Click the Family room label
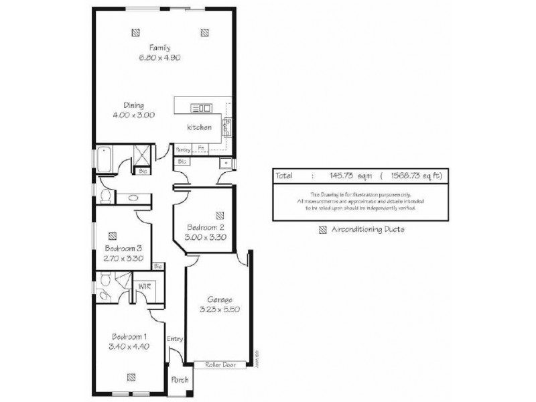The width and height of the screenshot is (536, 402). pyautogui.click(x=159, y=48)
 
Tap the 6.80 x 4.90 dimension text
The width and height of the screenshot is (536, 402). pyautogui.click(x=159, y=58)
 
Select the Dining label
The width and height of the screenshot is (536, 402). pyautogui.click(x=134, y=105)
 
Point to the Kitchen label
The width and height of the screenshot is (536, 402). pyautogui.click(x=199, y=127)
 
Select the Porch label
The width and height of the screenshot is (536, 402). pyautogui.click(x=180, y=381)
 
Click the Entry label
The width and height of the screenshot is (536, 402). pyautogui.click(x=175, y=339)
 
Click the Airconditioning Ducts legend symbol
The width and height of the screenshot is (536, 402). pyautogui.click(x=322, y=229)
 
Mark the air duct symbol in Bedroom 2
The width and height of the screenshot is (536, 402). pyautogui.click(x=220, y=215)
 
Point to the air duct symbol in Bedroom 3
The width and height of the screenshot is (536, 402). pyautogui.click(x=112, y=235)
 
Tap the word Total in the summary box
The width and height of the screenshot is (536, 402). pyautogui.click(x=284, y=176)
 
